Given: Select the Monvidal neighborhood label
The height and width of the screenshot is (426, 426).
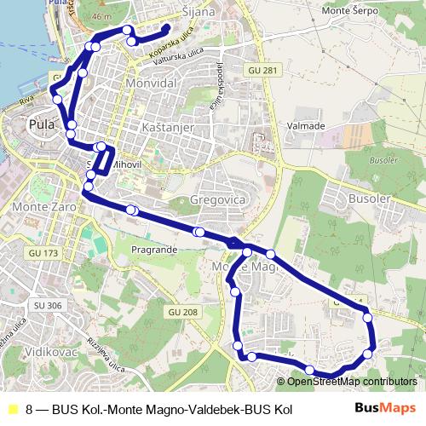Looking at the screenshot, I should click(151, 85).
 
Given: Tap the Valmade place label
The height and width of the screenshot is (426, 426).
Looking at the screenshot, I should click(307, 125).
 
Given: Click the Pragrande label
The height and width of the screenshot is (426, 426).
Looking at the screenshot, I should click(154, 249).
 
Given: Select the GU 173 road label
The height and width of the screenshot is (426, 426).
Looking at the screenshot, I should click(43, 253).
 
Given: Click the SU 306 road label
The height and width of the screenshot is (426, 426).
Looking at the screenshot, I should click(49, 305).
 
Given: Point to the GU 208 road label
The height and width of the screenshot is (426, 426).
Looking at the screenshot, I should click(184, 313).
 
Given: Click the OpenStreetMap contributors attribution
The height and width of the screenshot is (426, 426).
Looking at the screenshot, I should click(352, 382).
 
